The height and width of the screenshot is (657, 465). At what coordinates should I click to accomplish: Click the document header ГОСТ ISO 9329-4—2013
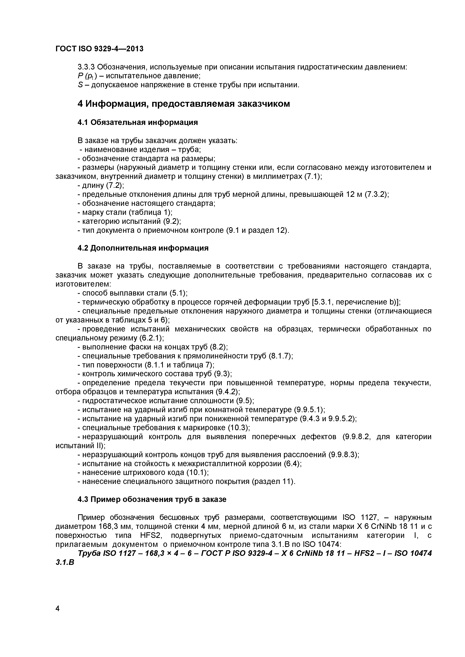[99, 49]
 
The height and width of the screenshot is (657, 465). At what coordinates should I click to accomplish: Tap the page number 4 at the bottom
[58, 617]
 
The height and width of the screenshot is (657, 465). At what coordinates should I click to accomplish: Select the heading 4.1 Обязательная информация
[137, 122]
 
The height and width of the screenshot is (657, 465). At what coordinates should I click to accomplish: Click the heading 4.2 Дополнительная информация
[143, 248]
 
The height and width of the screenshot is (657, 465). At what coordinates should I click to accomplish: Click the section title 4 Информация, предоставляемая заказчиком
[183, 104]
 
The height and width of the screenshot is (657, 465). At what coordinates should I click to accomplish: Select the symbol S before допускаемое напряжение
[80, 85]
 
